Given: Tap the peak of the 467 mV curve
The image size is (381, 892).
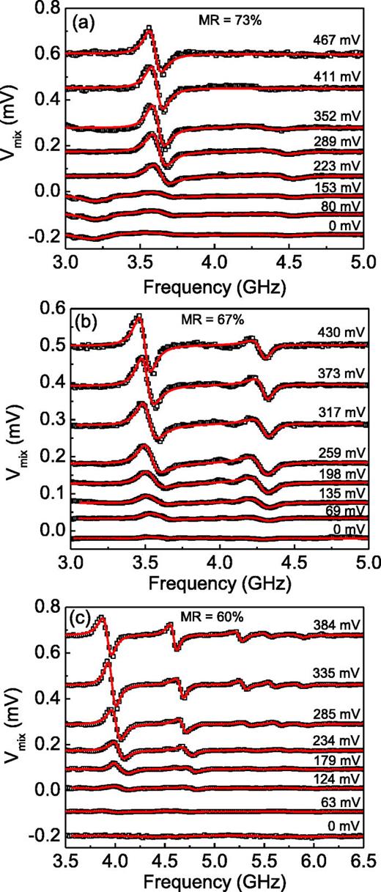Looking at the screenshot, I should click(149, 29).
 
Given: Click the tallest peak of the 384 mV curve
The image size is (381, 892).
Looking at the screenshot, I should click(102, 618).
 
